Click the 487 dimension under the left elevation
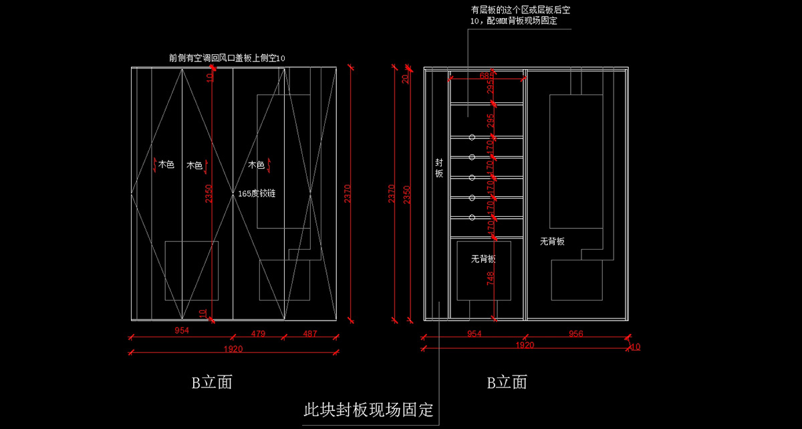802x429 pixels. coord(310,333)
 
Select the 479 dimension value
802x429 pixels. coord(259,333)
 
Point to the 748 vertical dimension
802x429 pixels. coord(490,278)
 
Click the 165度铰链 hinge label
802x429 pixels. coord(257,193)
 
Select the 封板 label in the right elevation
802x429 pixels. coord(439,168)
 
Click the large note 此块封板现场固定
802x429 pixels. coord(368,409)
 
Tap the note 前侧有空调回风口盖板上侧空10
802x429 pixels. coord(227,59)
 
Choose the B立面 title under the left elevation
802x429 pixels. coord(212,382)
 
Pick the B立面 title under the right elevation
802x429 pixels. coord(507,382)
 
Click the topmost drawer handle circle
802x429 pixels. coord(472,137)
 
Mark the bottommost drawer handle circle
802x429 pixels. coord(472,218)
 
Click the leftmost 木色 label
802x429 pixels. coord(166,165)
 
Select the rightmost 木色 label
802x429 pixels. coord(256,165)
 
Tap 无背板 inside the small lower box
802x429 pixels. coord(483,259)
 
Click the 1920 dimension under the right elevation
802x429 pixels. coord(525,345)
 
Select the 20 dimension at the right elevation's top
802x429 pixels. coord(405,78)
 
